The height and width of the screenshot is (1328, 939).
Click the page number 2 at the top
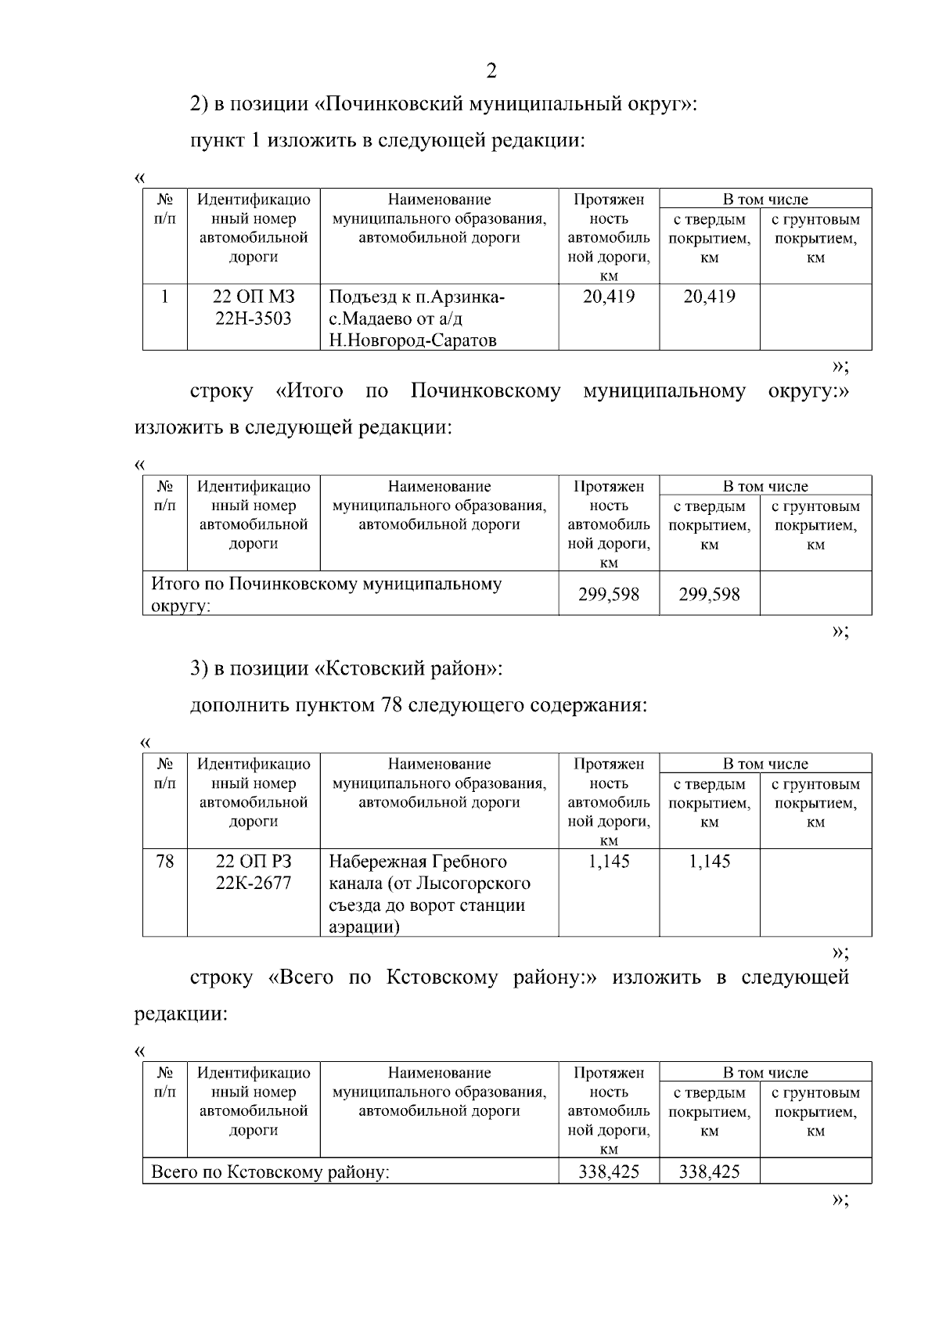(x=491, y=71)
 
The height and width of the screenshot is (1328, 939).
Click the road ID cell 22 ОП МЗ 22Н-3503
(x=254, y=308)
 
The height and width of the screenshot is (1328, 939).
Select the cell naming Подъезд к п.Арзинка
(x=416, y=298)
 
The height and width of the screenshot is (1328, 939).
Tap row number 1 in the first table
(x=164, y=297)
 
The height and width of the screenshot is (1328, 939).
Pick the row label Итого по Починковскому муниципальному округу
(x=326, y=594)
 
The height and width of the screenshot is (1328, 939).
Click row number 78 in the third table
(x=164, y=862)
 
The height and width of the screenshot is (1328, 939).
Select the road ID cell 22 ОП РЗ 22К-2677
(x=254, y=872)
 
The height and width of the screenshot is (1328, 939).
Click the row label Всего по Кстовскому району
(x=270, y=1172)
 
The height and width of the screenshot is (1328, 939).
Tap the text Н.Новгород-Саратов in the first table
(x=412, y=340)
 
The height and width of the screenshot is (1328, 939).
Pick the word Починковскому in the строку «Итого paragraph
(x=485, y=391)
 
